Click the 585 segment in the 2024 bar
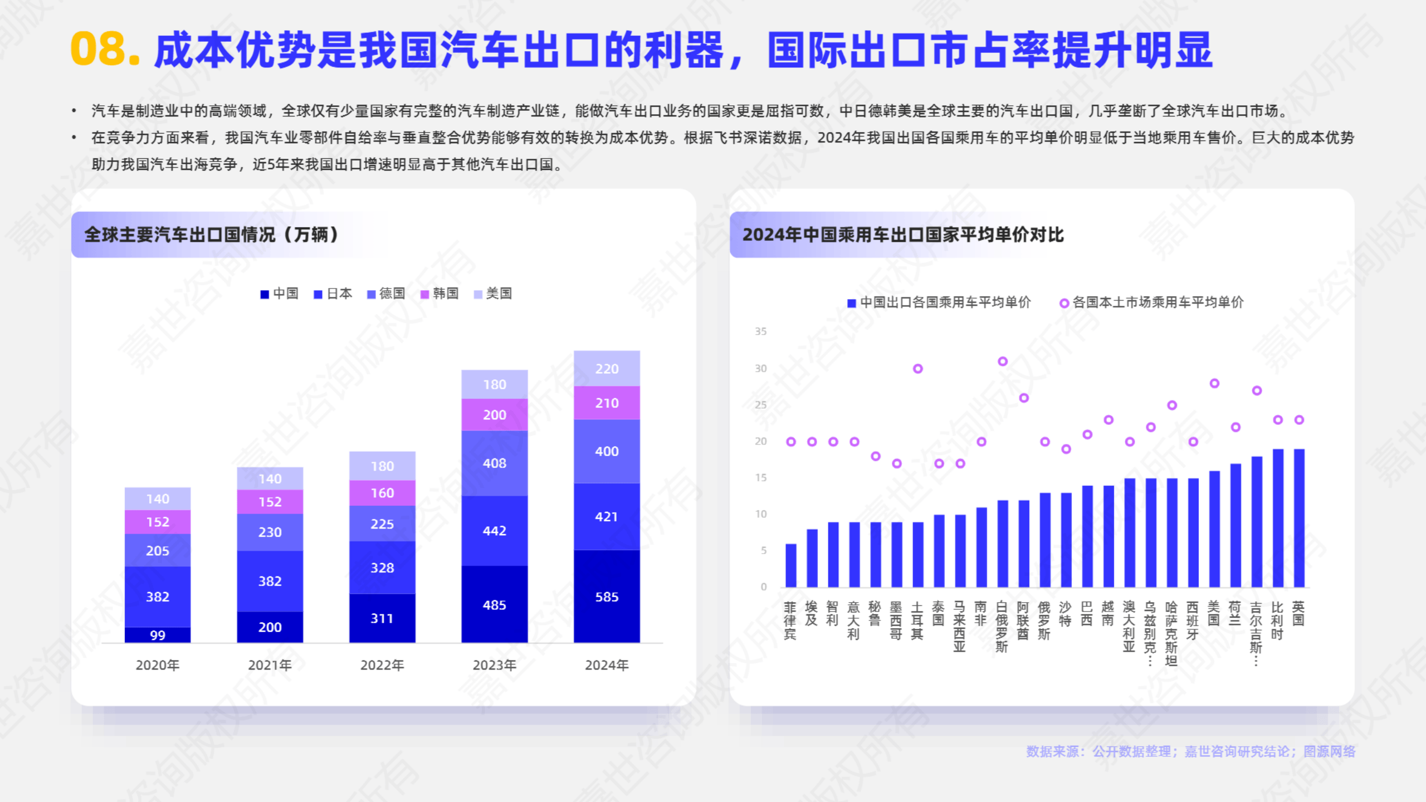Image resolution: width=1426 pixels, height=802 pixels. pyautogui.click(x=607, y=596)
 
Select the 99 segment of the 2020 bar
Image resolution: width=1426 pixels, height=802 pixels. pyautogui.click(x=158, y=635)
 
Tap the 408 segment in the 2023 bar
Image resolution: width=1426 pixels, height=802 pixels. pyautogui.click(x=494, y=463)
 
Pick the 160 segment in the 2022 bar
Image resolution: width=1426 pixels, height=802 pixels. pyautogui.click(x=382, y=493)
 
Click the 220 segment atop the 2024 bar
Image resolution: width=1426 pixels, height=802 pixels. pyautogui.click(x=607, y=369)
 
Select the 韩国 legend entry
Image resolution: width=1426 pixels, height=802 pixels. pyautogui.click(x=439, y=294)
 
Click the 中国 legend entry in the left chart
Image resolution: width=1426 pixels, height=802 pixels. pyautogui.click(x=280, y=294)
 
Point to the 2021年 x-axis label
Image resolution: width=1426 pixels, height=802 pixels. pyautogui.click(x=270, y=665)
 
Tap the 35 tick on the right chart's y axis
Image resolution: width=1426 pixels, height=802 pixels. pyautogui.click(x=760, y=331)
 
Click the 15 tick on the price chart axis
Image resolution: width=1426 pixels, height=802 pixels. pyautogui.click(x=760, y=477)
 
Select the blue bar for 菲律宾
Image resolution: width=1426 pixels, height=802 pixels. pyautogui.click(x=790, y=565)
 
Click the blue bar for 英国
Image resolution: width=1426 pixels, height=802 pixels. pyautogui.click(x=1298, y=518)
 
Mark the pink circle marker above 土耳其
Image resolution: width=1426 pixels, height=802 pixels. pyautogui.click(x=917, y=369)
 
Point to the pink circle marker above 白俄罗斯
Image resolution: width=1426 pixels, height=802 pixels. pyautogui.click(x=1002, y=361)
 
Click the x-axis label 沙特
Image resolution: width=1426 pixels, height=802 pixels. pyautogui.click(x=1065, y=614)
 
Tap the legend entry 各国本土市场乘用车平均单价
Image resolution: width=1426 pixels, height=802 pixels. pyautogui.click(x=1151, y=302)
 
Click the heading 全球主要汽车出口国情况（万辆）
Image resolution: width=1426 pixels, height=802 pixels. pyautogui.click(x=212, y=234)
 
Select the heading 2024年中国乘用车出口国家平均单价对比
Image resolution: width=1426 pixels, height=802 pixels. pyautogui.click(x=902, y=234)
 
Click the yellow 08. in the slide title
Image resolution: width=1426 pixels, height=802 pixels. pyautogui.click(x=105, y=49)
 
